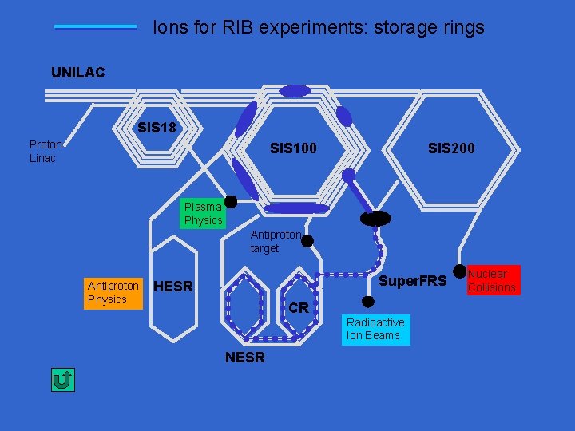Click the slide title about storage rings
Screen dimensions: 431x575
[x=318, y=27]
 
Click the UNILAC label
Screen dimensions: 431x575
[x=77, y=73]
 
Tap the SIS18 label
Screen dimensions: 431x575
[x=157, y=127]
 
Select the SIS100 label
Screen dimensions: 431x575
[x=293, y=148]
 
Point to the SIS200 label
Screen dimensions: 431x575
[x=451, y=148]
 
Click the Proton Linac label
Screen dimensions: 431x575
[x=45, y=151]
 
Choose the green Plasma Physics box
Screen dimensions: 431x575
[x=203, y=213]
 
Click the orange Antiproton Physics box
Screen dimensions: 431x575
[x=113, y=292]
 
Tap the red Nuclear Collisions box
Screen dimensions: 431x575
[x=492, y=280]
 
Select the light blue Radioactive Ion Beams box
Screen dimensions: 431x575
[x=375, y=329]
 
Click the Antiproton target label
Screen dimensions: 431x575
[x=276, y=242]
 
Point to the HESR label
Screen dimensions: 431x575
[x=173, y=287]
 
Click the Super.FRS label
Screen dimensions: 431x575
[x=412, y=281]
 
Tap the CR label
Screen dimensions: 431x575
[x=298, y=308]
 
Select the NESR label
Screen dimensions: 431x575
[x=244, y=358]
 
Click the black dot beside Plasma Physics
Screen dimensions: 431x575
[x=230, y=202]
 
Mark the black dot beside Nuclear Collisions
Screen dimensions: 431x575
[x=459, y=272]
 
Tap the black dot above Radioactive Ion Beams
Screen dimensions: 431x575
[x=367, y=302]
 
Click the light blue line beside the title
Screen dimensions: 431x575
[x=95, y=27]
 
